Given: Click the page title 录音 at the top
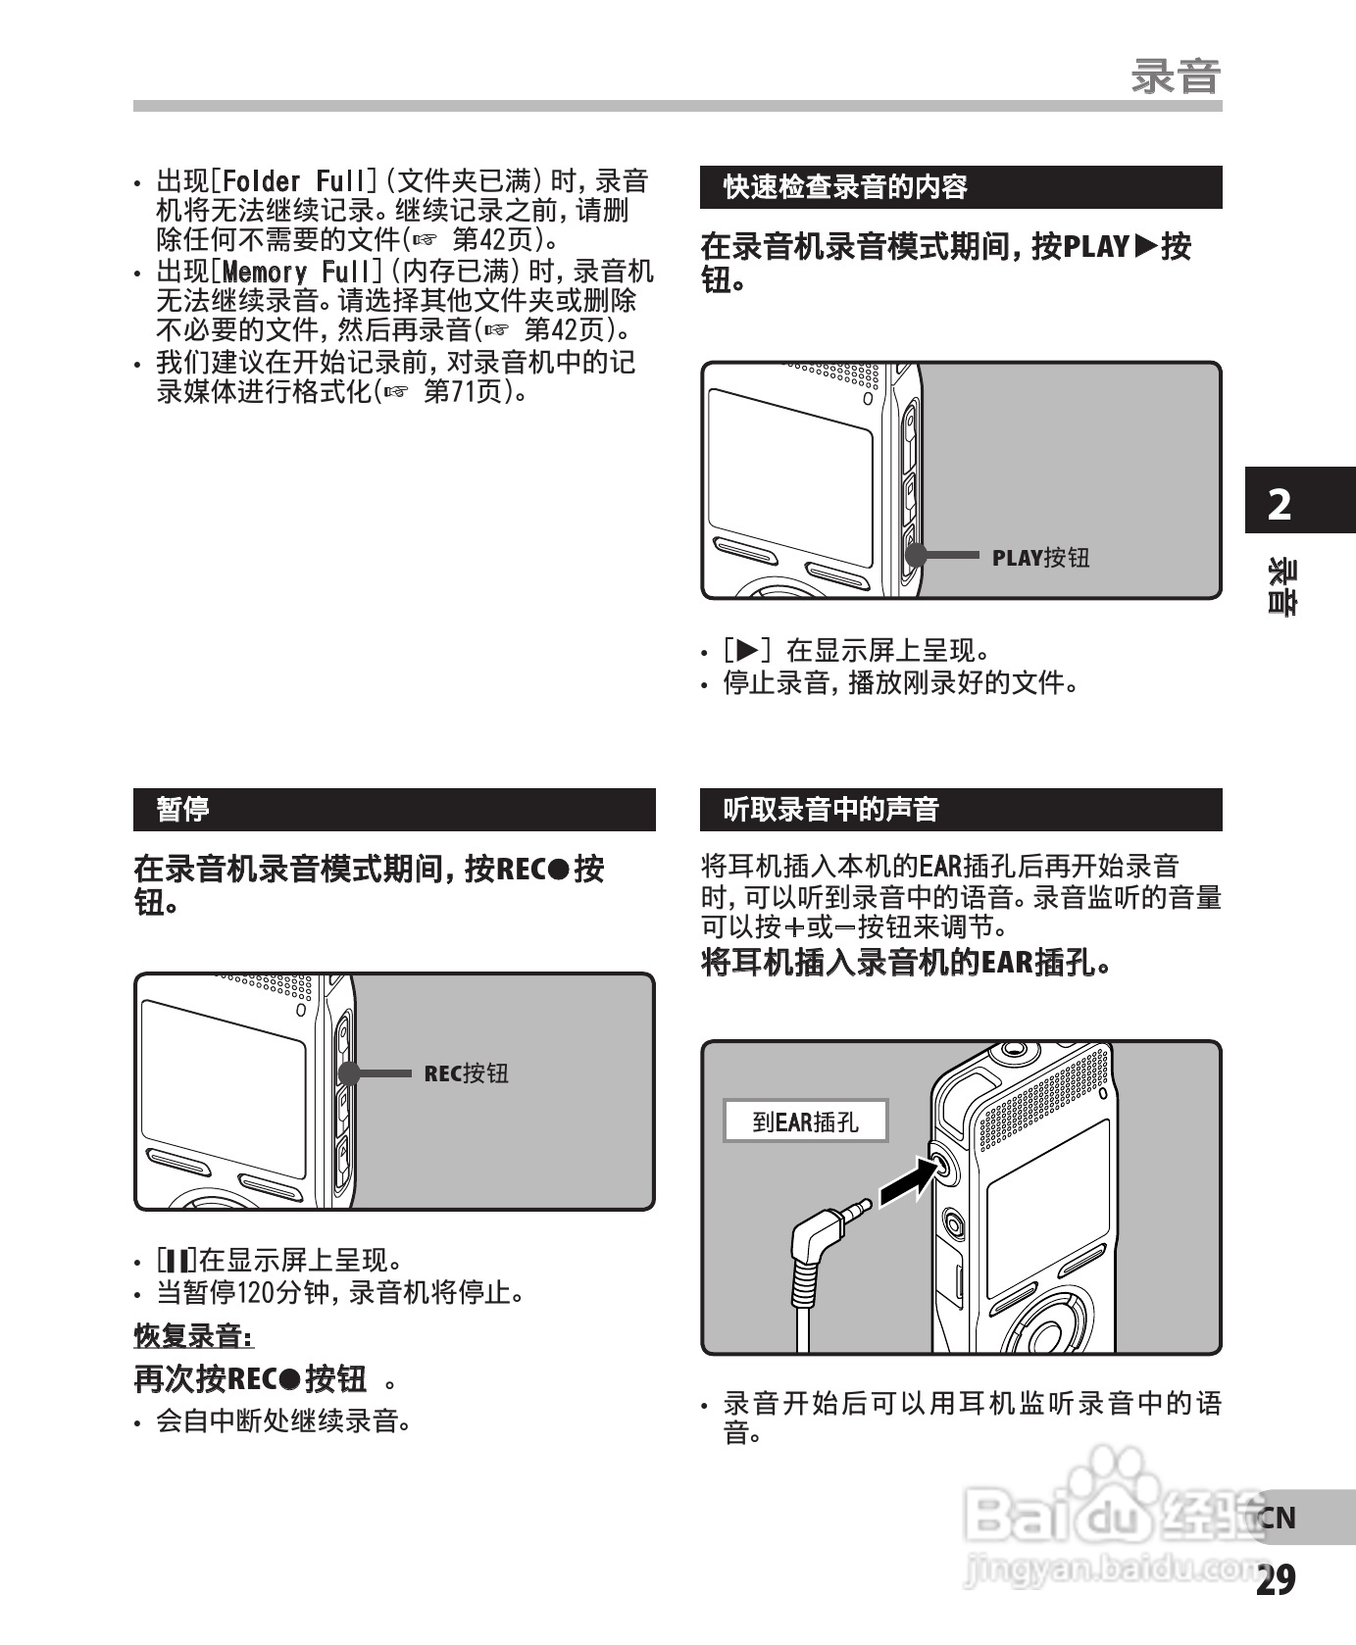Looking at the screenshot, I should (1175, 76).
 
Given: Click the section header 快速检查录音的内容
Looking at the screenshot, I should (845, 187).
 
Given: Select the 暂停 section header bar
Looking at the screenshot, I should (393, 810).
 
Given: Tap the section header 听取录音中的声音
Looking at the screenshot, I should (831, 810).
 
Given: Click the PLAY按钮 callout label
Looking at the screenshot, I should (1040, 558).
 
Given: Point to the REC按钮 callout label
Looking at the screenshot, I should (466, 1073).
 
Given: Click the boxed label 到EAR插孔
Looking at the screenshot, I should (805, 1122).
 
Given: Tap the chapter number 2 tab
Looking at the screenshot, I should (1281, 505).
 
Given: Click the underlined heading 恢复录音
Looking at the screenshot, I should (192, 1335).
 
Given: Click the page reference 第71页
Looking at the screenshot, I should (467, 392).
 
